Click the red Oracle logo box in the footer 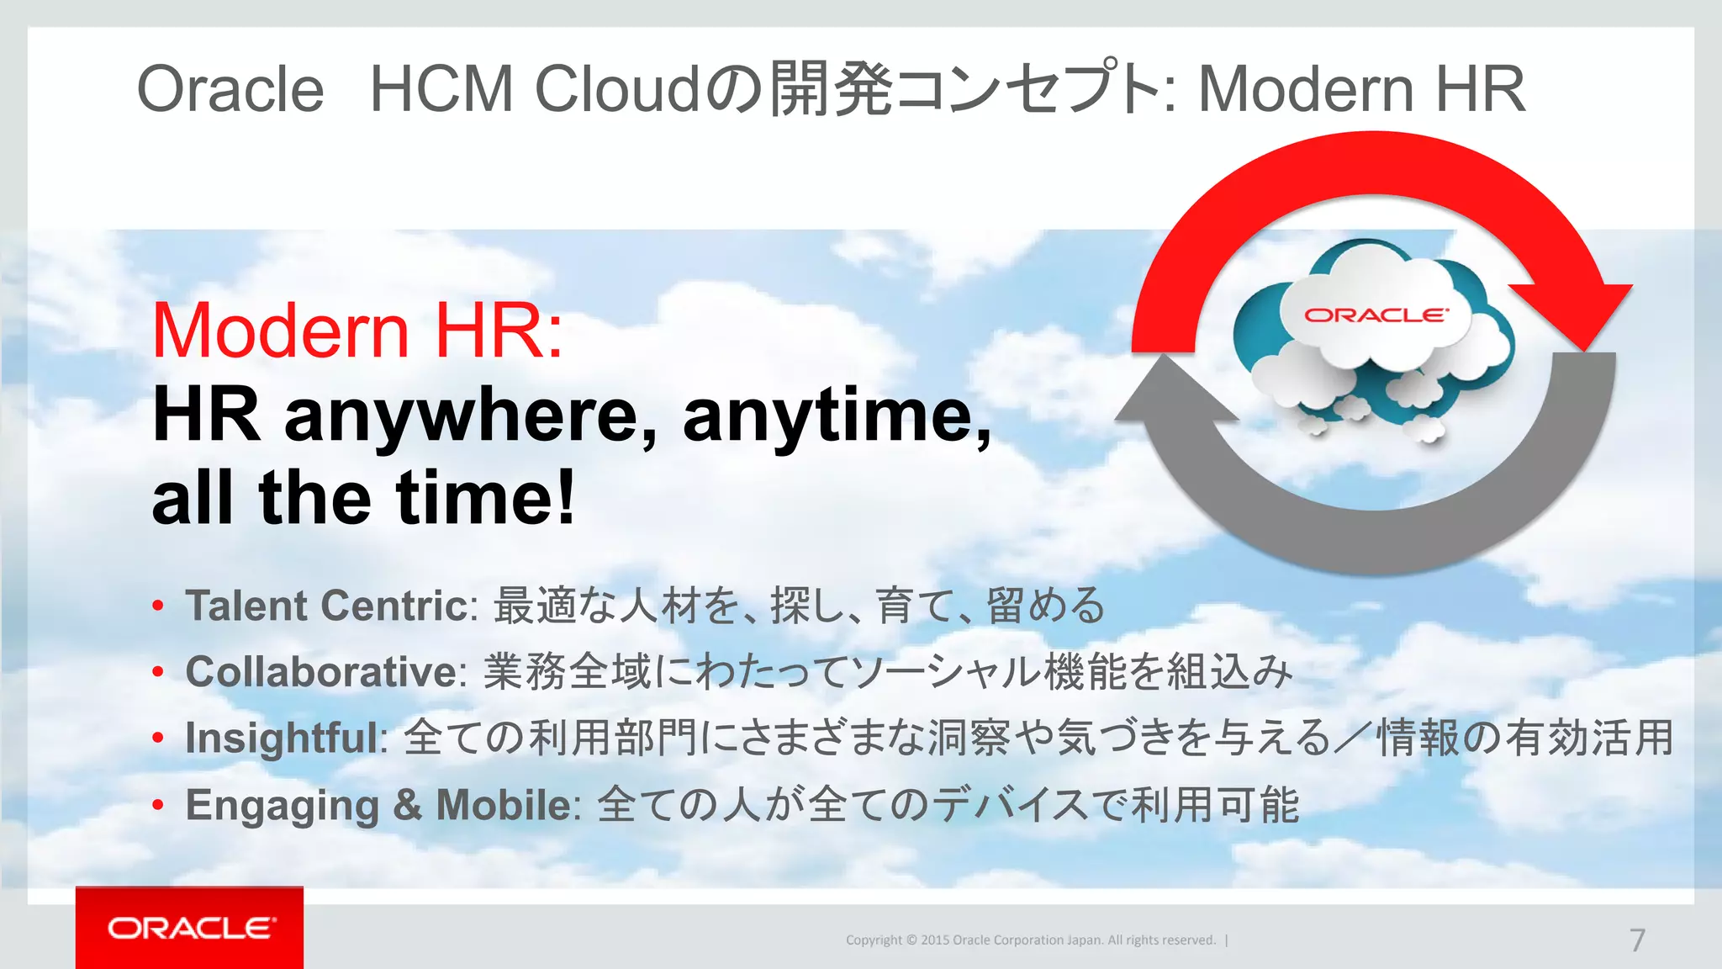point(189,928)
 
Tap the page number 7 point(1636,940)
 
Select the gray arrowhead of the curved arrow point(1174,395)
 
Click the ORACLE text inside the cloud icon point(1376,315)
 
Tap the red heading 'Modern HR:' point(357,331)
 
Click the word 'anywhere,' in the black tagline point(471,416)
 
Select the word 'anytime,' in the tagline point(837,416)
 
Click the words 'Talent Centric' point(326,606)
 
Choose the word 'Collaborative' point(321,672)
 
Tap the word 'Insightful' point(282,739)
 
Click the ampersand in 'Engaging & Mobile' point(407,804)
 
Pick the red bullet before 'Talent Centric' point(158,606)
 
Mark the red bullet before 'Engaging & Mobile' point(158,805)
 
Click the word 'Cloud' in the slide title point(617,89)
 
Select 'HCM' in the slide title point(441,89)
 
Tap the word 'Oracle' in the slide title point(230,89)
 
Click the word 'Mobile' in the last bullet point(504,804)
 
